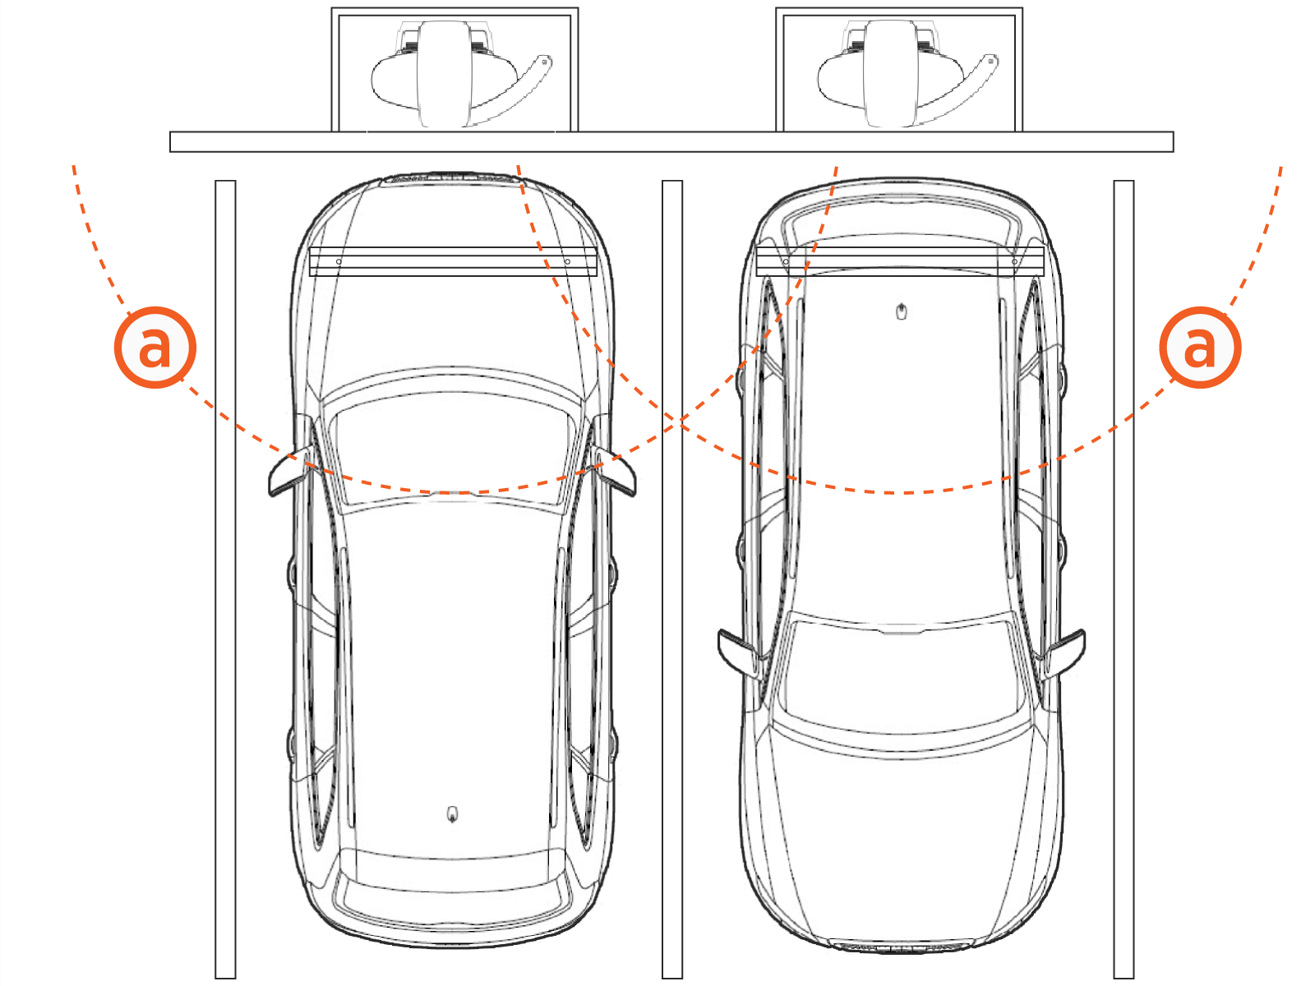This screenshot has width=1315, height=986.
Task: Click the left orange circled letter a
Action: coord(155,348)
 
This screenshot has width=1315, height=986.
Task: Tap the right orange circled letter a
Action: coord(1200,348)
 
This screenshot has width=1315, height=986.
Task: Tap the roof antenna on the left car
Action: coord(453,815)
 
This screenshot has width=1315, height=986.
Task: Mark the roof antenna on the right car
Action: coord(902,312)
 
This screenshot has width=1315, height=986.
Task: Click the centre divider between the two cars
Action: coord(672,579)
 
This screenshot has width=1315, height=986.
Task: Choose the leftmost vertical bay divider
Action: coord(225,579)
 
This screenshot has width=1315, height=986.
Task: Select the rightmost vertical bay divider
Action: coord(1124,579)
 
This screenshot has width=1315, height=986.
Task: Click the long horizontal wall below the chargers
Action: coord(671,142)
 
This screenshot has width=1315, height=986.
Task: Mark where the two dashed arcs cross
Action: coord(680,422)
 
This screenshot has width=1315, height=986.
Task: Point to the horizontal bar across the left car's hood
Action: coord(454,261)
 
